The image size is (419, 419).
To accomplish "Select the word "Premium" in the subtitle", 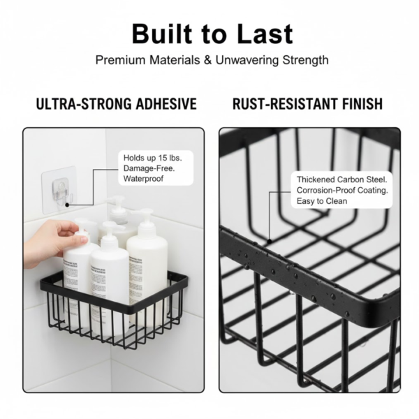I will pos(120,60).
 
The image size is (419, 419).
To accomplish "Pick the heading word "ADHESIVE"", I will pos(162,104).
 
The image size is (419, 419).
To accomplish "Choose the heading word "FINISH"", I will pos(359,104).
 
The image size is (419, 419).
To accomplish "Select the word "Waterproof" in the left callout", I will pos(144,179).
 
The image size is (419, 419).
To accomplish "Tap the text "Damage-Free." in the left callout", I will pos(149,168).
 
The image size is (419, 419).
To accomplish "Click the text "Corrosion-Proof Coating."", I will pos(342,190).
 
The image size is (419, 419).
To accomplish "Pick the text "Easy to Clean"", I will pos(321,201).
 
